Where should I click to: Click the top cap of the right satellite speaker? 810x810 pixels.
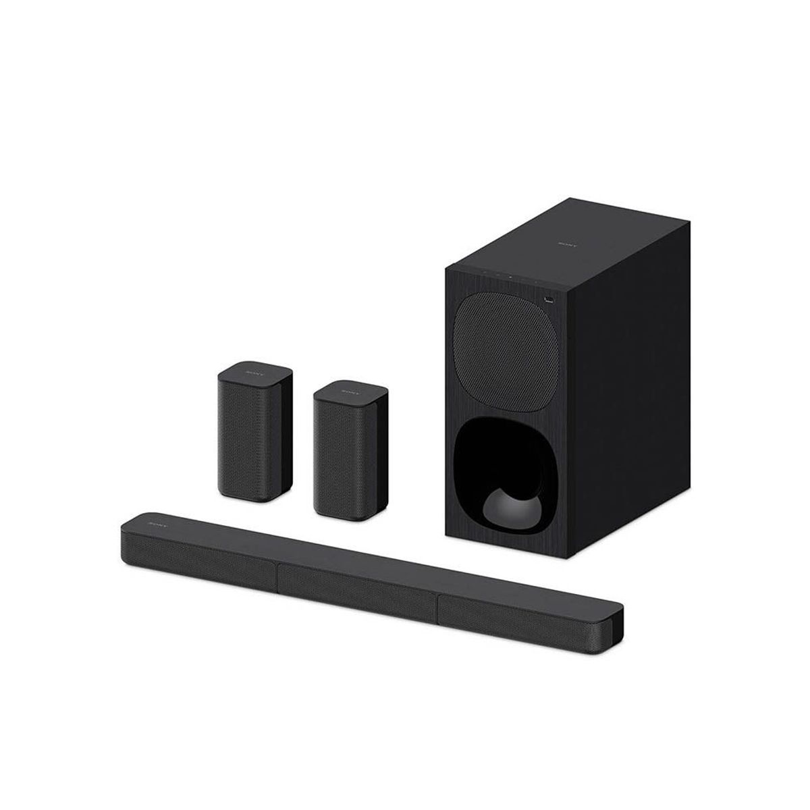[x=350, y=392]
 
